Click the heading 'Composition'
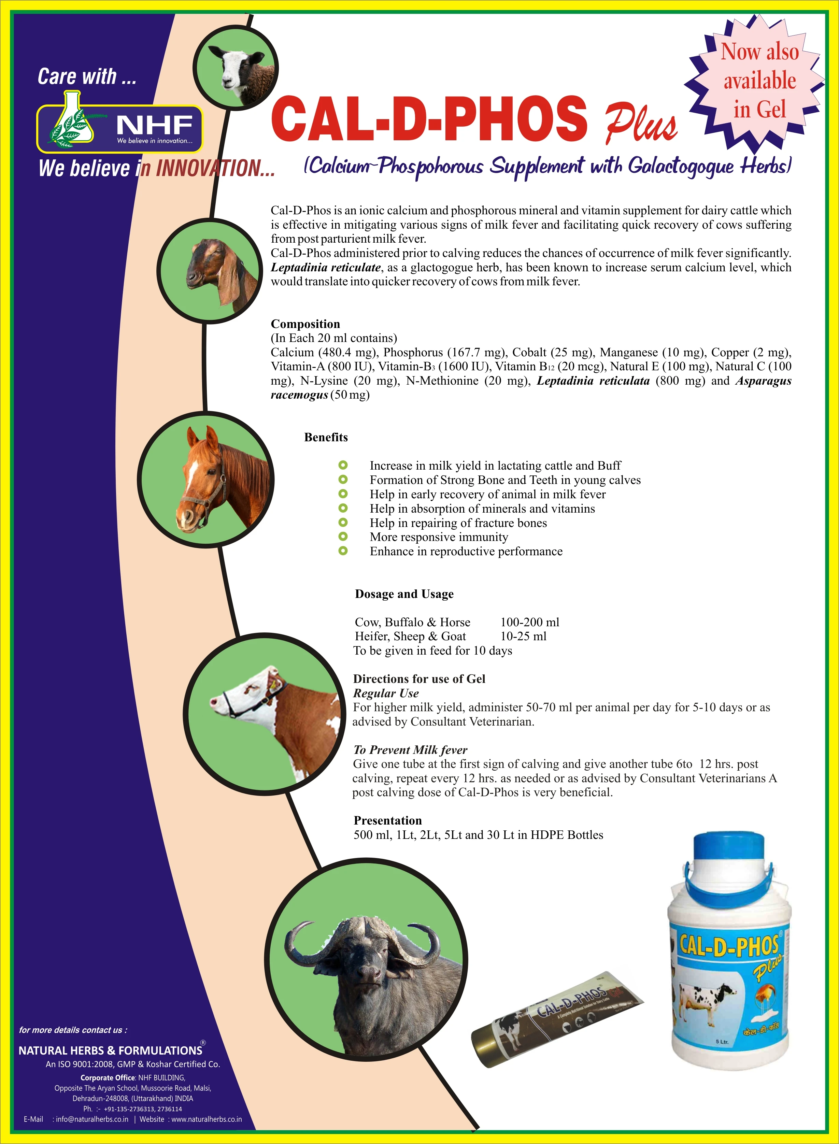[x=305, y=324]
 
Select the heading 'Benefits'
[x=326, y=437]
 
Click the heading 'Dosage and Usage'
[x=404, y=594]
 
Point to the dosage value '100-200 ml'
[x=530, y=622]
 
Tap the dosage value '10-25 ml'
[x=523, y=636]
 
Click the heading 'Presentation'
[x=387, y=820]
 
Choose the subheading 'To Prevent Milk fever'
[x=410, y=750]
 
